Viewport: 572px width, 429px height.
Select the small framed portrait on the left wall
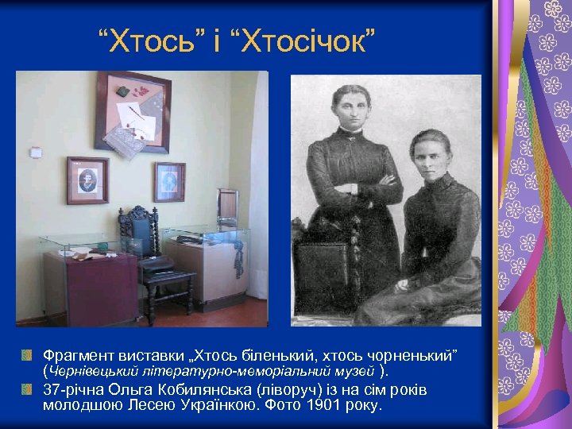pos(87,180)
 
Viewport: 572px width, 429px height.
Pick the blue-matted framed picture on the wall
pos(169,182)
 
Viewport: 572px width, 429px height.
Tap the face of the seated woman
pos(430,153)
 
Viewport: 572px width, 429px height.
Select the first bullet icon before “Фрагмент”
pos(27,353)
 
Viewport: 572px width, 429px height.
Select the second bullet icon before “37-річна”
pos(27,389)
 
